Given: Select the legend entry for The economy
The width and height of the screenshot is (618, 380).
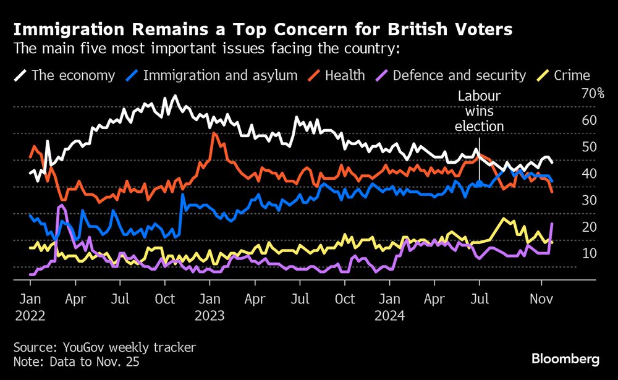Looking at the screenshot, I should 65,75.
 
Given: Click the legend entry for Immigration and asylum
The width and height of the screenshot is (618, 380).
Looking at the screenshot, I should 213,75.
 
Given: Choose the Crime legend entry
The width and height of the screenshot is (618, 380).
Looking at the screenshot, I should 563,75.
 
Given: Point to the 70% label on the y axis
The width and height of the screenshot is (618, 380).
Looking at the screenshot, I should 592,94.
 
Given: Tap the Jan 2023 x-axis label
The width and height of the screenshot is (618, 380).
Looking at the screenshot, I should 210,307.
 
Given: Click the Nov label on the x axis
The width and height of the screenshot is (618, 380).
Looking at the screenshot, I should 541,299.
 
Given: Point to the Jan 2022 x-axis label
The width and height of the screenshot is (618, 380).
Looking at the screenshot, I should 30,307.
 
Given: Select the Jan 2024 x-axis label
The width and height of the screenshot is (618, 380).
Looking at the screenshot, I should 389,307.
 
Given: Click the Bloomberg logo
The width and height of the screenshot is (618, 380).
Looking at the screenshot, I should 565,358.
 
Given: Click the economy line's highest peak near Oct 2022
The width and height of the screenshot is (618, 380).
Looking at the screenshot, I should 175,96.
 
